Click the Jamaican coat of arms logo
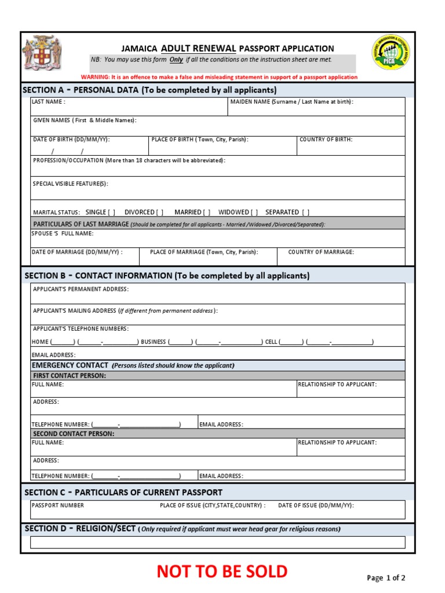point(41,54)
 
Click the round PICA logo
point(393,53)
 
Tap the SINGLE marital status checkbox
point(111,213)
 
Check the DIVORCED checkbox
point(159,213)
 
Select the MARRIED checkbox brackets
point(206,213)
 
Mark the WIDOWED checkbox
point(254,213)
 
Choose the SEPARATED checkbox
point(305,213)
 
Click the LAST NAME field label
point(49,102)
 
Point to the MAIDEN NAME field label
point(291,102)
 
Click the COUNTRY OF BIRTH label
point(326,140)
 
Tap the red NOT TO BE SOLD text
point(222,572)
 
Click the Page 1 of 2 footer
point(386,577)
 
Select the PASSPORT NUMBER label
point(58,506)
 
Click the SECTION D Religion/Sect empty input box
point(217,542)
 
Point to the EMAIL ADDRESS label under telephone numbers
point(53,355)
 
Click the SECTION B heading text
point(167,276)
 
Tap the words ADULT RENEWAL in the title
point(198,49)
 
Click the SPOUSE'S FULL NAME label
point(62,234)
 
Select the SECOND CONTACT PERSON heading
point(74,433)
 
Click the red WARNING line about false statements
point(219,77)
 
